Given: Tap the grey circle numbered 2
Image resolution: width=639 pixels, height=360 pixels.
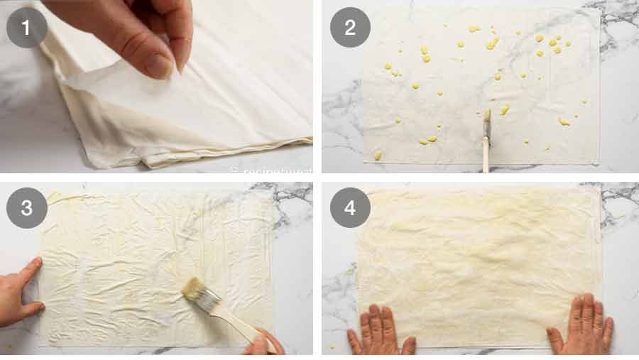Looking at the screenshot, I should tap(350, 28).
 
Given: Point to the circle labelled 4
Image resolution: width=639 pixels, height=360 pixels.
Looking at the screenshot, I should tap(350, 208).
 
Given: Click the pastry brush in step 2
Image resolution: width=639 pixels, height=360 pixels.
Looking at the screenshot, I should tap(486, 138).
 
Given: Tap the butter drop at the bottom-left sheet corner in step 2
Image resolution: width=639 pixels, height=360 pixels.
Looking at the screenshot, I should tap(378, 155).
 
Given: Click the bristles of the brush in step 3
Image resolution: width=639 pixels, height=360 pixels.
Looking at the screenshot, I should tap(192, 290).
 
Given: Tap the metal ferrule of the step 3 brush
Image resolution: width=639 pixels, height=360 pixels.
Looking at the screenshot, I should tap(208, 302).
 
